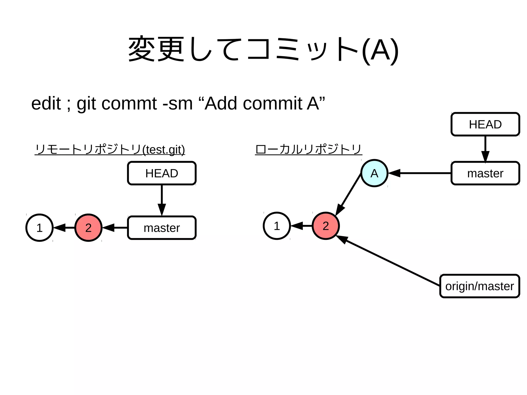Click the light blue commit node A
pyautogui.click(x=374, y=173)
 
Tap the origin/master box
pyautogui.click(x=479, y=286)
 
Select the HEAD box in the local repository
pyautogui.click(x=485, y=124)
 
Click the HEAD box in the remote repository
pyautogui.click(x=162, y=173)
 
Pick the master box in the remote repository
pyautogui.click(x=162, y=228)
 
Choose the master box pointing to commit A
pyautogui.click(x=485, y=173)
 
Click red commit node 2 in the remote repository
pyautogui.click(x=88, y=228)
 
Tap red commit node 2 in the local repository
pyautogui.click(x=326, y=226)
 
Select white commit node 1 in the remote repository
pyautogui.click(x=39, y=228)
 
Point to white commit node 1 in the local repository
pyautogui.click(x=277, y=226)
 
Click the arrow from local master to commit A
pyautogui.click(x=422, y=173)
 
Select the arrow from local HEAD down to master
pyautogui.click(x=485, y=148)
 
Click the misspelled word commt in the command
pyautogui.click(x=129, y=103)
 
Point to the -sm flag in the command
pyautogui.click(x=178, y=103)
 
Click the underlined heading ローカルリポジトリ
pyautogui.click(x=308, y=149)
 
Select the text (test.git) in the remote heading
pyautogui.click(x=164, y=150)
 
